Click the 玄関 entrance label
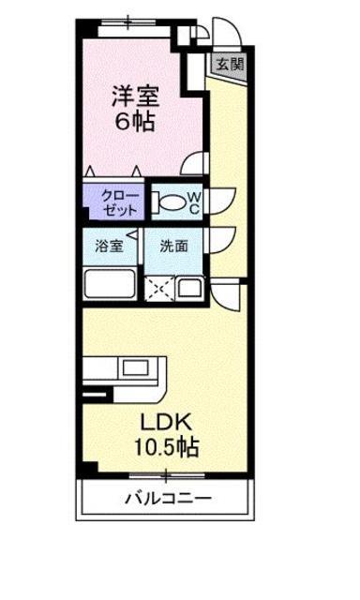[x=231, y=64]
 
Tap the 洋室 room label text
[x=135, y=96]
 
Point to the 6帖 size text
[x=135, y=122]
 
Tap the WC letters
[x=194, y=202]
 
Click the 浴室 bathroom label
[x=109, y=246]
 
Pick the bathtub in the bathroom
[x=111, y=283]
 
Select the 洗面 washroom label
[x=174, y=246]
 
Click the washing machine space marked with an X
[x=159, y=289]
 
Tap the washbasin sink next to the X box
[x=190, y=288]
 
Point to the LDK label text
[x=165, y=422]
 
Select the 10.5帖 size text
[x=166, y=446]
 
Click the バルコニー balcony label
[x=169, y=498]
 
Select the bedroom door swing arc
[x=194, y=164]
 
